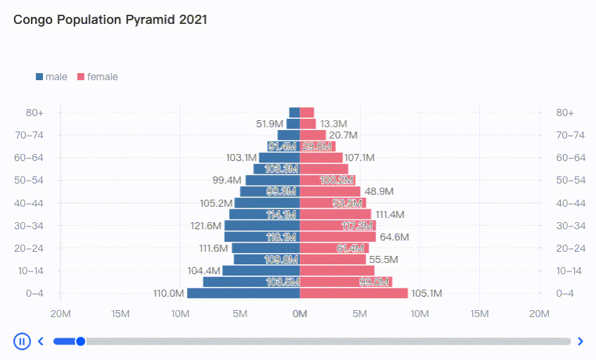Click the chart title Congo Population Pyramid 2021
(x=110, y=20)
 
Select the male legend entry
(x=51, y=77)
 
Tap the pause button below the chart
(x=22, y=342)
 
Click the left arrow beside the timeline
(x=41, y=342)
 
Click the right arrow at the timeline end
(x=580, y=342)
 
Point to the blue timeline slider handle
(x=80, y=342)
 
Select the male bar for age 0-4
(x=243, y=293)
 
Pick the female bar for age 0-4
(x=354, y=293)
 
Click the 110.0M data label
(x=169, y=294)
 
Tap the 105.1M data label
(x=427, y=294)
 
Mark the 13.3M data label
(x=333, y=124)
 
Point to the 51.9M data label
(x=270, y=124)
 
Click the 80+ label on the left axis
(x=34, y=112)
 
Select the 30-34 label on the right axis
(x=570, y=226)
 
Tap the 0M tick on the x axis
(x=300, y=314)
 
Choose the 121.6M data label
(x=206, y=226)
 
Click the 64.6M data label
(x=394, y=237)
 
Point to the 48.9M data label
(x=379, y=191)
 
